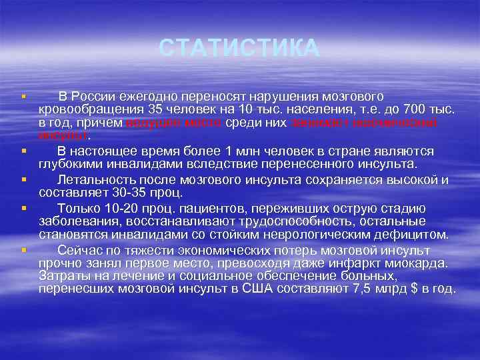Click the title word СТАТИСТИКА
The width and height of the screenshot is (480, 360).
240,49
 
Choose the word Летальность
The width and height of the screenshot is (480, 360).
97,179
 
